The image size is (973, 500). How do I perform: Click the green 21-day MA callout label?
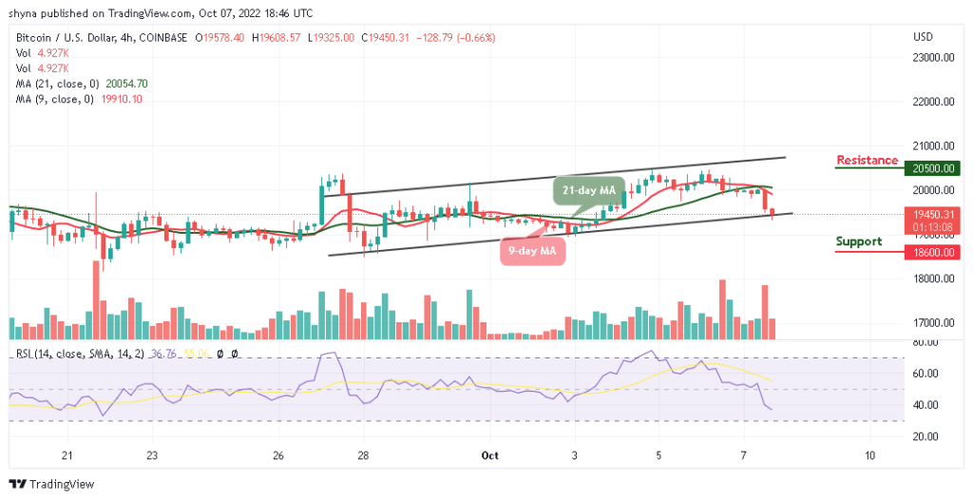click(589, 191)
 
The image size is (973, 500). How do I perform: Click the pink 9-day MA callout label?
click(532, 251)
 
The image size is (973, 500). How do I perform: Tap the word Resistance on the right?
click(867, 160)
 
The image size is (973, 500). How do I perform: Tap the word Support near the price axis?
click(859, 241)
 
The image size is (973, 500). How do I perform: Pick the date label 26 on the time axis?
click(278, 455)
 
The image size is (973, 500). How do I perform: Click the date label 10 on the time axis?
click(869, 455)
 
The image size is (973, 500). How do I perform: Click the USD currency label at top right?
click(922, 37)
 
